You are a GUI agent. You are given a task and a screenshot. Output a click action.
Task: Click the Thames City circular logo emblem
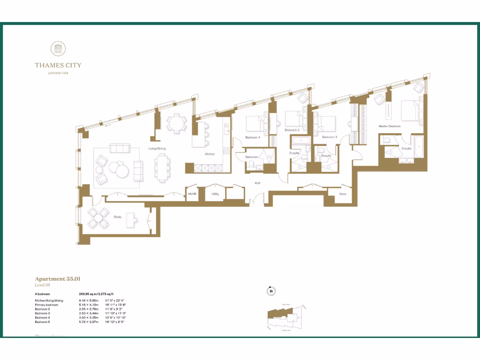pyautogui.click(x=58, y=49)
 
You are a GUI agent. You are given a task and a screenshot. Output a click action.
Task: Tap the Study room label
pyautogui.click(x=117, y=217)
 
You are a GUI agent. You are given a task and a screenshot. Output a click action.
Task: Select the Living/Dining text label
pyautogui.click(x=157, y=149)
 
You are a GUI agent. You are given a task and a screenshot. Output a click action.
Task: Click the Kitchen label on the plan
pyautogui.click(x=210, y=154)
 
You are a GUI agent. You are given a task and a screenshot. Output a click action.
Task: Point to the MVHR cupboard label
pyautogui.click(x=192, y=193)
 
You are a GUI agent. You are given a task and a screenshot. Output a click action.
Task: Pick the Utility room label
pyautogui.click(x=215, y=193)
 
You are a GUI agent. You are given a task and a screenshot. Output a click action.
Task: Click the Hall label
pyautogui.click(x=257, y=183)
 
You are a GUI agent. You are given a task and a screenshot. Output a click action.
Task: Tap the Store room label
pyautogui.click(x=343, y=193)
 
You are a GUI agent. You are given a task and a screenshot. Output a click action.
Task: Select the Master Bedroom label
pyautogui.click(x=390, y=127)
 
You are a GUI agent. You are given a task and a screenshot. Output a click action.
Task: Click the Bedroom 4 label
pyautogui.click(x=252, y=137)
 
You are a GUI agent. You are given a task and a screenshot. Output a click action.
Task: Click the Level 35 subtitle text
pyautogui.click(x=42, y=285)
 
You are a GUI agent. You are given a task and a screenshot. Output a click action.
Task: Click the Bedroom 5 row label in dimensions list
pyautogui.click(x=43, y=322)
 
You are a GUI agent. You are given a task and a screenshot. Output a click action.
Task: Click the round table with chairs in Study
pyautogui.click(x=99, y=217)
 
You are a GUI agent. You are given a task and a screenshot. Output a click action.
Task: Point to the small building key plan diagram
pyautogui.click(x=286, y=317)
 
